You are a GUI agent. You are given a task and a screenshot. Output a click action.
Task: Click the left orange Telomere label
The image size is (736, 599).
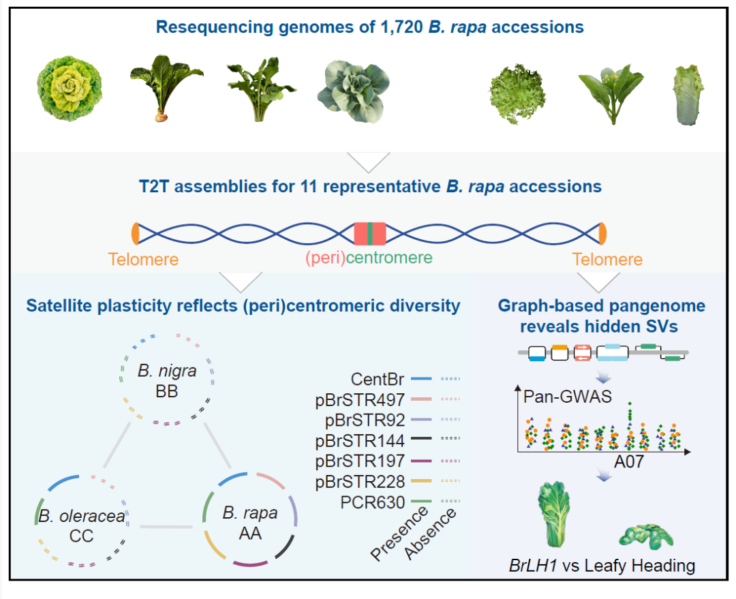[x=143, y=259]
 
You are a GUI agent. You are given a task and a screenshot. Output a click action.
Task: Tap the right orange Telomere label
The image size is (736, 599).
[x=607, y=259]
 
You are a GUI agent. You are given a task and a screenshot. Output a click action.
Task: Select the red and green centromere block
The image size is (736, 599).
[x=370, y=234]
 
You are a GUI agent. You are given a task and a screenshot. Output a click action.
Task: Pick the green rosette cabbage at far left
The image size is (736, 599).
[x=70, y=89]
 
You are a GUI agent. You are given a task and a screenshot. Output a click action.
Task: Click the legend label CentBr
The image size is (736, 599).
[x=378, y=379]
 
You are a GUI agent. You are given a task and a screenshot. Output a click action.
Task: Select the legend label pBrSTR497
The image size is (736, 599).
[x=360, y=399]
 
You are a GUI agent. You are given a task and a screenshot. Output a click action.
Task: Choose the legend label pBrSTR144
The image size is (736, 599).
[x=360, y=440]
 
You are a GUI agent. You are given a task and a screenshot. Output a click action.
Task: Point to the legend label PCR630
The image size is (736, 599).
[x=373, y=502]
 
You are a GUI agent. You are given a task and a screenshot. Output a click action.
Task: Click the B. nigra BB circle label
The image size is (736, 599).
[x=167, y=381]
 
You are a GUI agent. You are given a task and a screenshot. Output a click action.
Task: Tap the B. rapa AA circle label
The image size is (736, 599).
[x=249, y=523]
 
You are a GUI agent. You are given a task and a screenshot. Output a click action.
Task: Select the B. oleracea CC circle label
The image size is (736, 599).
[x=82, y=526]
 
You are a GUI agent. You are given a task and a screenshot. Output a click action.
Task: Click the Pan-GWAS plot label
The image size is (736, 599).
[x=568, y=397]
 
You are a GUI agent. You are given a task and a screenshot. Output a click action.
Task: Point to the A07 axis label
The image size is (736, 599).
[x=628, y=462]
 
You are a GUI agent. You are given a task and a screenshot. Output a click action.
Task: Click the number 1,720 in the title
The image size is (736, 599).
[x=402, y=27]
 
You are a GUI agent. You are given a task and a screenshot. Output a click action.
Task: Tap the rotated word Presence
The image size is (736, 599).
[x=399, y=534]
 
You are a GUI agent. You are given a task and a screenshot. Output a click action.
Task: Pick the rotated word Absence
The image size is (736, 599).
[x=430, y=534]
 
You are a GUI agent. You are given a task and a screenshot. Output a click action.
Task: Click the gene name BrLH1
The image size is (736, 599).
[x=533, y=566]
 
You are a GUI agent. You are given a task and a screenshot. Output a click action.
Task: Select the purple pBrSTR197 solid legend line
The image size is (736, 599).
[x=421, y=461]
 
